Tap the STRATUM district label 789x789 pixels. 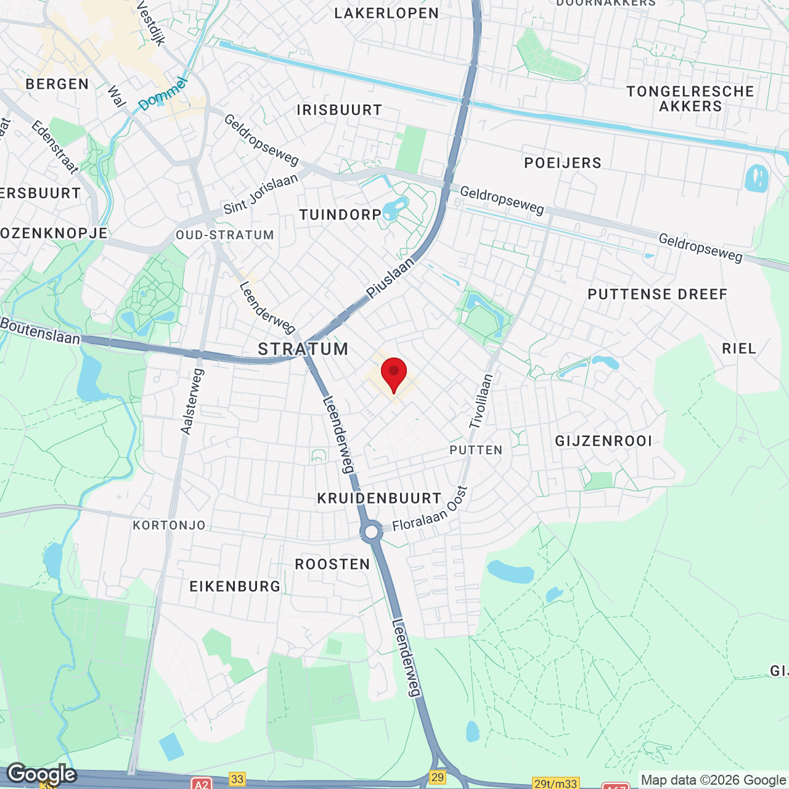(303, 349)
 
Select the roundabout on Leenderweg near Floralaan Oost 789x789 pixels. (371, 531)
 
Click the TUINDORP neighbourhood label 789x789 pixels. (340, 215)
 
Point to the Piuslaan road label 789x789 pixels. (390, 279)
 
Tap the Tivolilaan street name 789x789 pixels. (481, 401)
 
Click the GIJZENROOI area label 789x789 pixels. (603, 441)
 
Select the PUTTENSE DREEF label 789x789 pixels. (658, 294)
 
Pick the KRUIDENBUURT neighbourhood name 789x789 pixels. (379, 498)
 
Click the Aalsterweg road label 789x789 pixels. (192, 401)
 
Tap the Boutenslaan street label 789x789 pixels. (40, 331)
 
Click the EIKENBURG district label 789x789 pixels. (235, 586)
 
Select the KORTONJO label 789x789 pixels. (170, 525)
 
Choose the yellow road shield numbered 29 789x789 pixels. (438, 777)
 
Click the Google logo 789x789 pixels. (42, 774)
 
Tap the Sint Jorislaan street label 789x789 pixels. (261, 194)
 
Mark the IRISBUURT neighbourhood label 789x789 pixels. (340, 110)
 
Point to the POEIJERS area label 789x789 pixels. (563, 163)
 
